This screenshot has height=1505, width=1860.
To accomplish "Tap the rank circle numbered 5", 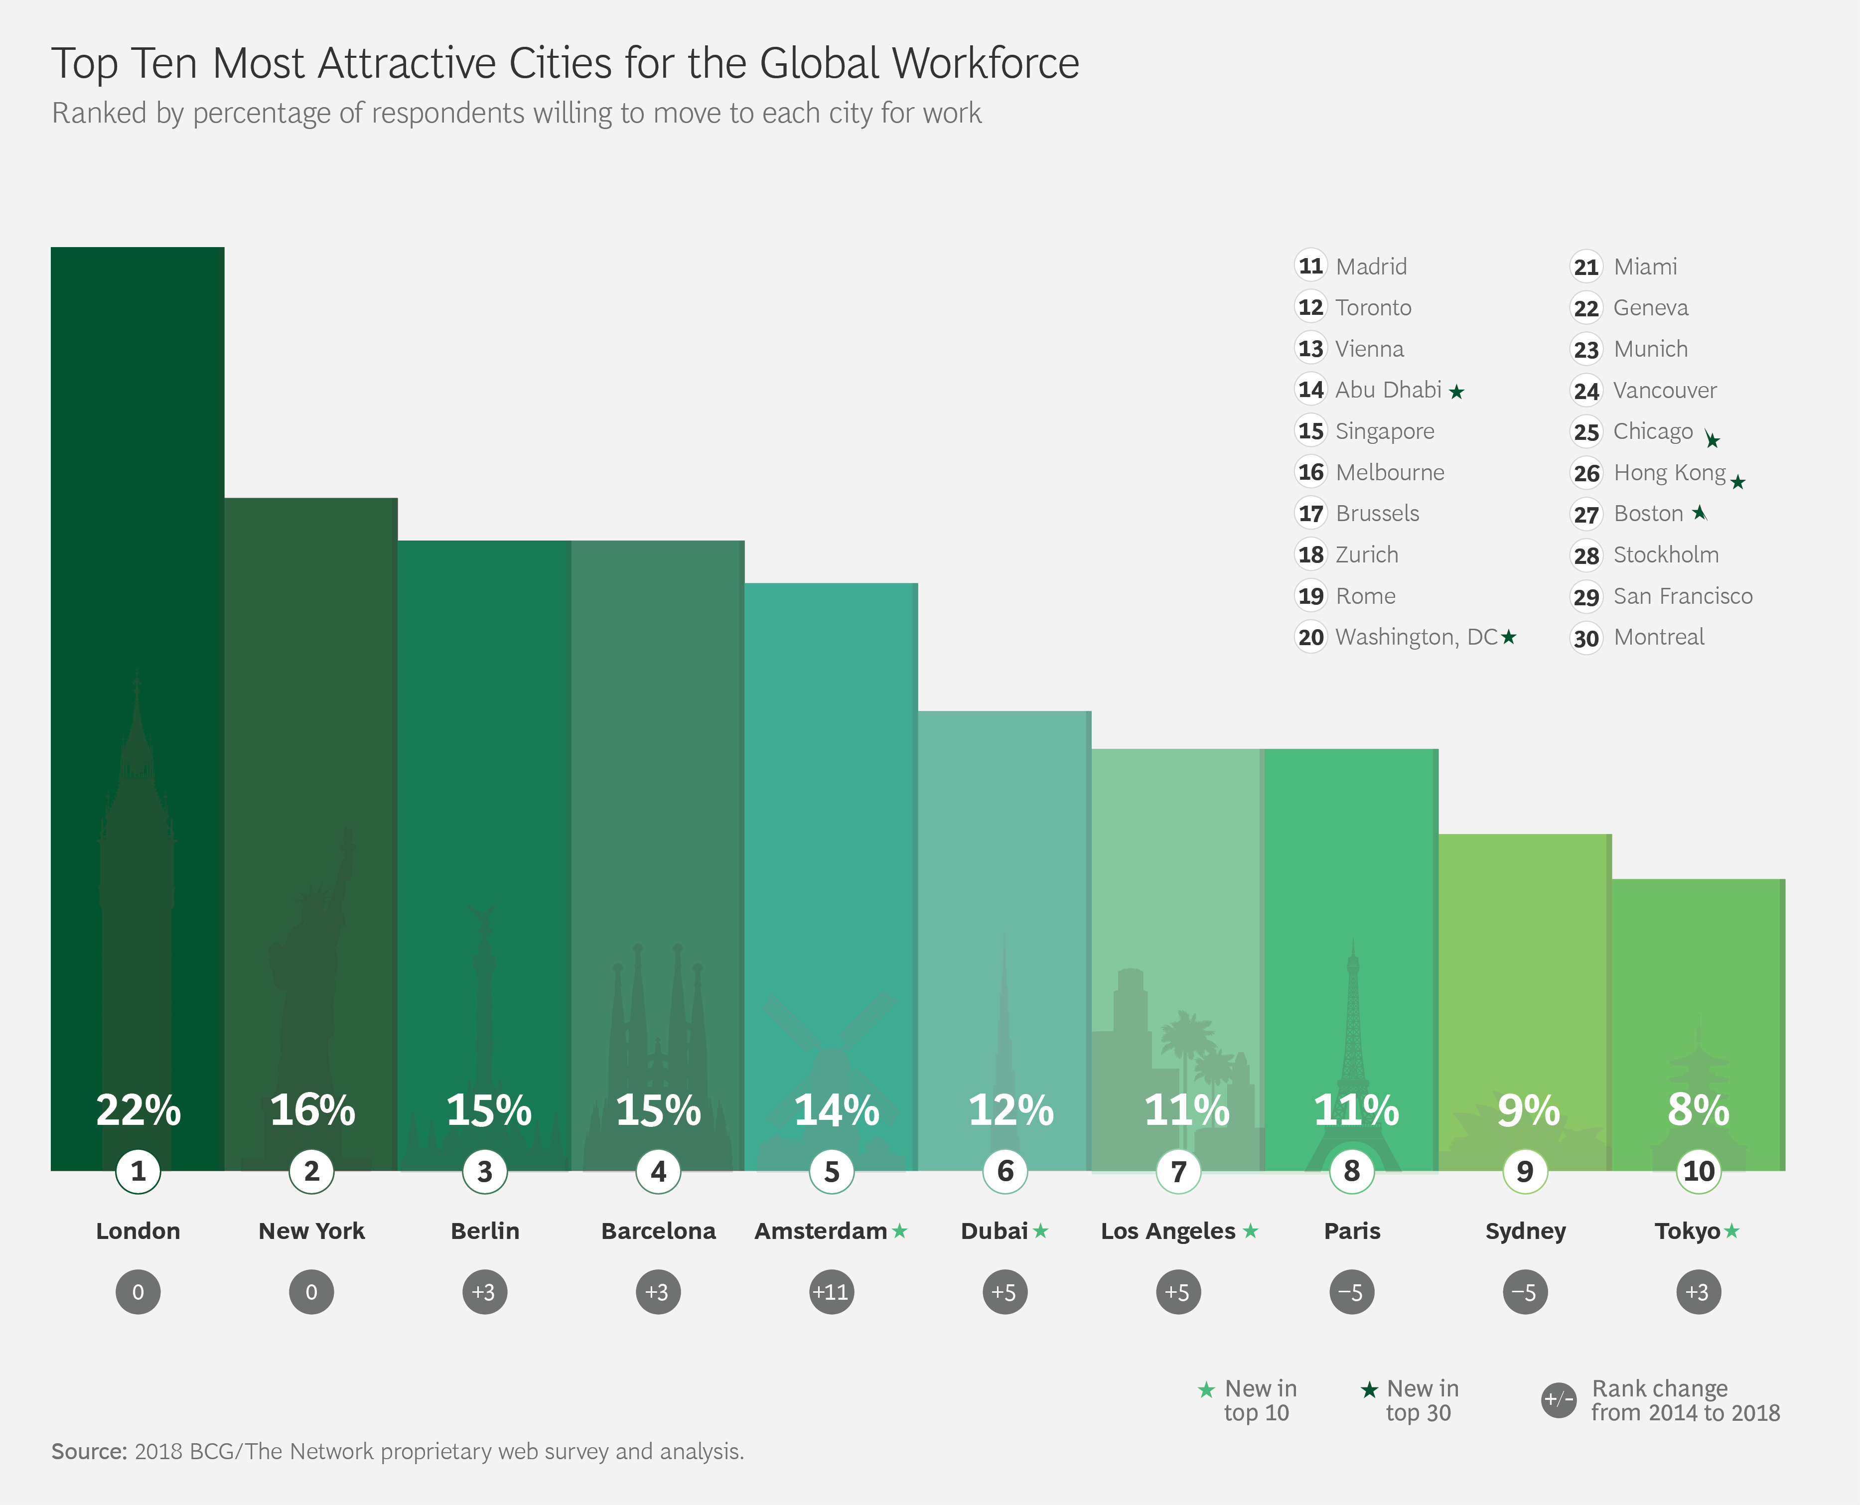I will (832, 1171).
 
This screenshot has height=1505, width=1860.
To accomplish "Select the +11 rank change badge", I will (831, 1292).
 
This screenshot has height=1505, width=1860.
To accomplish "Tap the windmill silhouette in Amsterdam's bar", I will (830, 1040).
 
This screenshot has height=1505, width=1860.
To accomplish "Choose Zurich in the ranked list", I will (1367, 555).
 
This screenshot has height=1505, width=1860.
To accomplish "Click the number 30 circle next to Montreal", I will (1586, 638).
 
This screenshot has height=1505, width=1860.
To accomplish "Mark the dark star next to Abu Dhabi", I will (1457, 392).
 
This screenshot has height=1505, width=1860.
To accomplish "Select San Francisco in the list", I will (1682, 596).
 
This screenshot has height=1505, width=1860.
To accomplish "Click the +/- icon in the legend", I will (1558, 1399).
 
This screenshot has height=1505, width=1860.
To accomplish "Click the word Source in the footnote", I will (89, 1451).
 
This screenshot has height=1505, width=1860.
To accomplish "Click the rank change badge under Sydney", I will (1524, 1292).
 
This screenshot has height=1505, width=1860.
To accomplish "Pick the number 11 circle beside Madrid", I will (1310, 266).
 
